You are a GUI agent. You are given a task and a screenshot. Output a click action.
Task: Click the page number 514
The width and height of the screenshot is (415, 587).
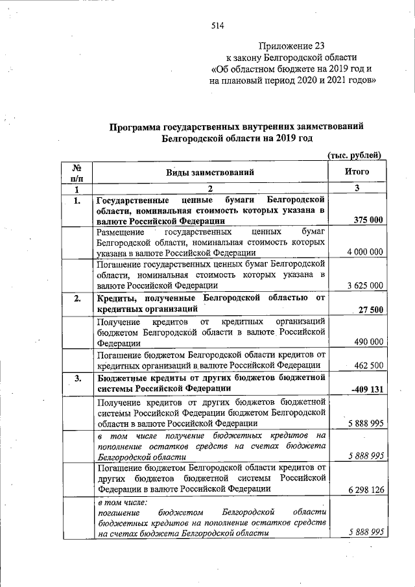(x=217, y=26)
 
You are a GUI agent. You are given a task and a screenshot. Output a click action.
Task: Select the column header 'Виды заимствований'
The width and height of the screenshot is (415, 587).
(x=210, y=172)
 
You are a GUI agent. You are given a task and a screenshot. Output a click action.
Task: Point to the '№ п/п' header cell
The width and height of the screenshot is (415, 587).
(x=76, y=172)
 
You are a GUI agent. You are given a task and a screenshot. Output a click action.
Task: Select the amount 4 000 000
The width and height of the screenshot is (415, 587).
(x=365, y=252)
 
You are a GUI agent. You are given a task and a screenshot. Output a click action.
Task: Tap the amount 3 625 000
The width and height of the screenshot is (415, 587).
(x=365, y=285)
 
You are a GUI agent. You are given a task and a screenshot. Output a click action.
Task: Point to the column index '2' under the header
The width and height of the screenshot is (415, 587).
(x=210, y=189)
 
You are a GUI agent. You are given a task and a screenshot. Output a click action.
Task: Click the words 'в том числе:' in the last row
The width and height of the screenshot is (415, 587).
(x=123, y=502)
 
